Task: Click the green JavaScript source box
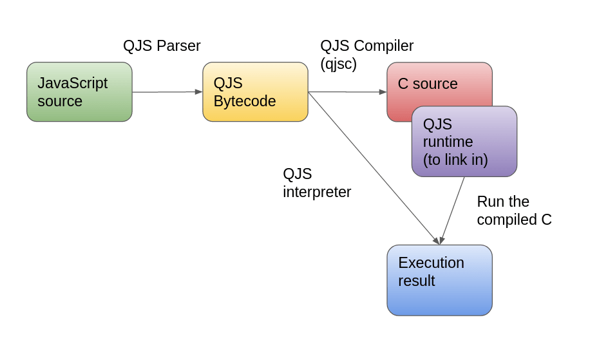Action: coord(79,91)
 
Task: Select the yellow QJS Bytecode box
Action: coord(255,91)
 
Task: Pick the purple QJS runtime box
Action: coord(464,142)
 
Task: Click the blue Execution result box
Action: coord(439,280)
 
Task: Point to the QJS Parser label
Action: coord(162,46)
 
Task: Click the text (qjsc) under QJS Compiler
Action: coord(338,64)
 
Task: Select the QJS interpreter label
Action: coord(317,183)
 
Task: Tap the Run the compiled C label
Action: coord(514,211)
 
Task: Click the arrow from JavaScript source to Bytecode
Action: coord(167,92)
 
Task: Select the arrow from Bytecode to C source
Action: coord(348,92)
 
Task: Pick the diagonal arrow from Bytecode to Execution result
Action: coord(374,168)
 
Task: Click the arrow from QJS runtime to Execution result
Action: coord(453,209)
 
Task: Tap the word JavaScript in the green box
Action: coord(73,83)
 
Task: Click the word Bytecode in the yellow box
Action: coord(245,102)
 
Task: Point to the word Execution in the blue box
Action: coord(431,263)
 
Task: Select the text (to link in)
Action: coord(455,160)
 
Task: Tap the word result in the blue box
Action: coord(416,281)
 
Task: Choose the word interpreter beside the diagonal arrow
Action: coord(317,192)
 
